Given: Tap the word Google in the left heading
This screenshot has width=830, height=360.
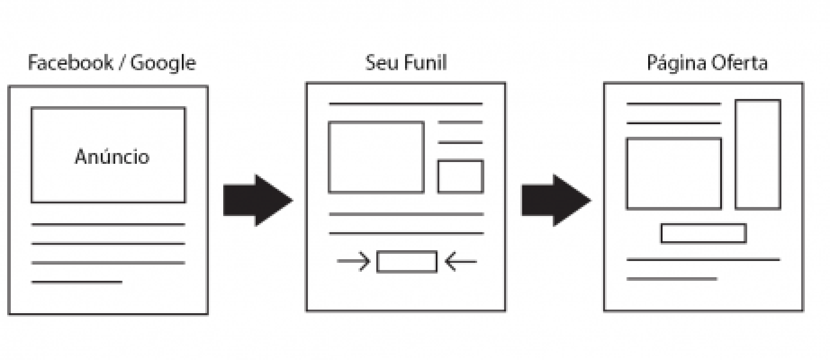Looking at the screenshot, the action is [x=163, y=63].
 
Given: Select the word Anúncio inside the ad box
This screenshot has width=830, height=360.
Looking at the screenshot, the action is [x=112, y=157].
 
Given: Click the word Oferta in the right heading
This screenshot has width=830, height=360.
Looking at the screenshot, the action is [x=739, y=63].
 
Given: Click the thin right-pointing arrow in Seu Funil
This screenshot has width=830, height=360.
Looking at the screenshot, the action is [x=353, y=261].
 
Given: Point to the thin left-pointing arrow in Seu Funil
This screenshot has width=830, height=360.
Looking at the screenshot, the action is [x=460, y=261].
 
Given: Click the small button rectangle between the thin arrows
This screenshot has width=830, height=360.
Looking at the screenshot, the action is [x=407, y=261].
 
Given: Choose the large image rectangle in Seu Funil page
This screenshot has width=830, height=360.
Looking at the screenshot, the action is [x=376, y=157].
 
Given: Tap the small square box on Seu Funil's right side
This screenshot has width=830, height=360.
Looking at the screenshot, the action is [x=460, y=176].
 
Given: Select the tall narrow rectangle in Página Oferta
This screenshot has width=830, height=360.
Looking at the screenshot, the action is [x=758, y=154].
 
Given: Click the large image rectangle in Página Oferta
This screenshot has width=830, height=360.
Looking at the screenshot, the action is [x=674, y=174].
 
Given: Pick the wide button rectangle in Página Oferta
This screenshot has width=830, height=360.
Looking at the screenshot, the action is [x=704, y=233].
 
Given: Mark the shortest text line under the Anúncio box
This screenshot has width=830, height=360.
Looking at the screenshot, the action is [x=77, y=282].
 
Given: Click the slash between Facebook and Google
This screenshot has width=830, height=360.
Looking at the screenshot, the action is [x=122, y=63].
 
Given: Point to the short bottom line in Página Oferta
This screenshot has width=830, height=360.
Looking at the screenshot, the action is [x=672, y=279].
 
